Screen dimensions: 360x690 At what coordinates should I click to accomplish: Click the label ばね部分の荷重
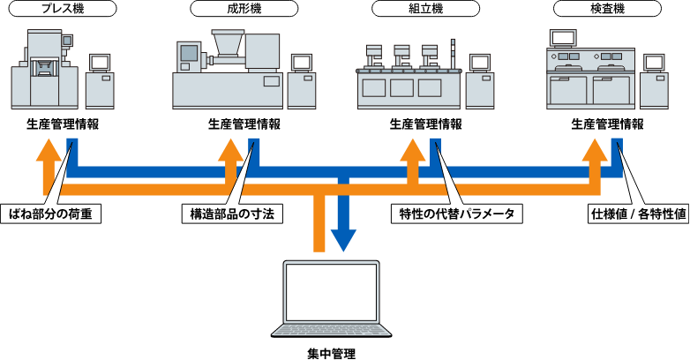50,214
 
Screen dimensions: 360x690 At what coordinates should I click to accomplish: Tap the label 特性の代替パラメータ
456,214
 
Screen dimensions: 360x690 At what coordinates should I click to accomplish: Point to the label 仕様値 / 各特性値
637,214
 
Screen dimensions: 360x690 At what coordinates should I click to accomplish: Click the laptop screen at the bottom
331,292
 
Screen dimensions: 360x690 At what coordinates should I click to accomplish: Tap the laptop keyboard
331,329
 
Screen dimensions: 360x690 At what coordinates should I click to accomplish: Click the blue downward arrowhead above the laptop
343,241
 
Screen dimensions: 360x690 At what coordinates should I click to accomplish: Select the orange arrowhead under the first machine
49,149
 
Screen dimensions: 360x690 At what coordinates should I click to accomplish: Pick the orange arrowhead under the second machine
230,149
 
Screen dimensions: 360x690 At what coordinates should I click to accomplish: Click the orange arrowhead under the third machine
412,149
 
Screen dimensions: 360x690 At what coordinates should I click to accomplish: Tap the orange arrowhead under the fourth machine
595,149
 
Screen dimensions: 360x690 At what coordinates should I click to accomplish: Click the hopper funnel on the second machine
228,41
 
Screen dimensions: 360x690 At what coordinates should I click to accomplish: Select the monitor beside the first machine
100,63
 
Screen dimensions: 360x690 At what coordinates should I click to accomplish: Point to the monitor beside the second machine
302,63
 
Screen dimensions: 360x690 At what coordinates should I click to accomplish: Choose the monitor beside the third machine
479,63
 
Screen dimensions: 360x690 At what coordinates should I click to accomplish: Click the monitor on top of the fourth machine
563,38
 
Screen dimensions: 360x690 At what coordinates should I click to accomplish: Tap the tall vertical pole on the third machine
453,53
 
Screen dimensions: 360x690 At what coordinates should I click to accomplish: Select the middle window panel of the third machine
401,88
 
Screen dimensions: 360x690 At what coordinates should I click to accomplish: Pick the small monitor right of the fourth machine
654,63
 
